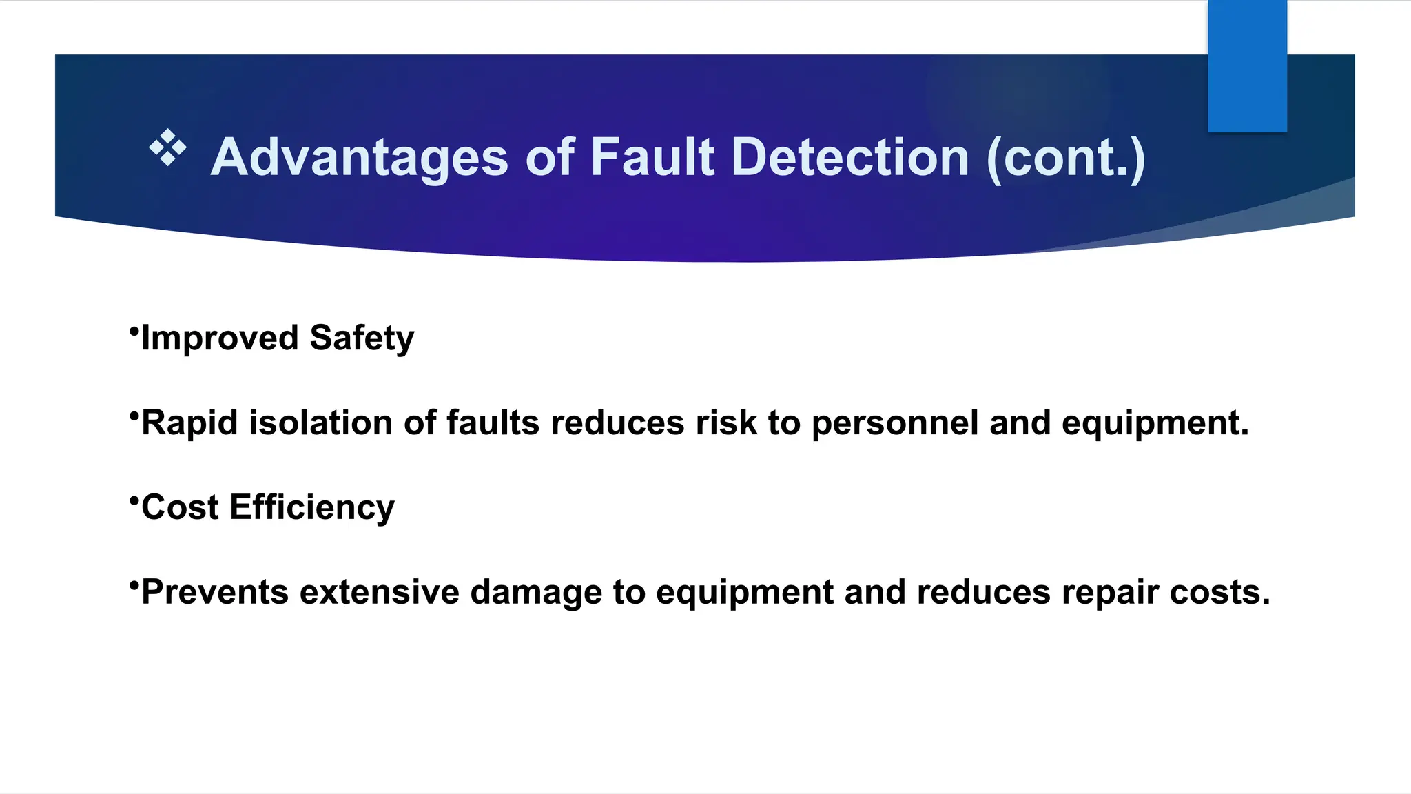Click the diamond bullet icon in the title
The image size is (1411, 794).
tap(167, 147)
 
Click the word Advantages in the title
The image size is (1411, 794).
tap(359, 158)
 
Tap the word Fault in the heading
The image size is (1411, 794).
tap(652, 158)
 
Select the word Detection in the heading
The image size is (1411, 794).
tap(850, 158)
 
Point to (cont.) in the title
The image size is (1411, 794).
tap(1066, 159)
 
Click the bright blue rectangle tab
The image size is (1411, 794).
tap(1247, 66)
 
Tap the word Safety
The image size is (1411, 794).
tap(362, 338)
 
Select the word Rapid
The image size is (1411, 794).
tap(189, 423)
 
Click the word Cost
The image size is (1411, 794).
tap(180, 507)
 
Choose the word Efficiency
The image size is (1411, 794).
tap(312, 508)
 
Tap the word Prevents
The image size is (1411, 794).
tap(214, 592)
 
